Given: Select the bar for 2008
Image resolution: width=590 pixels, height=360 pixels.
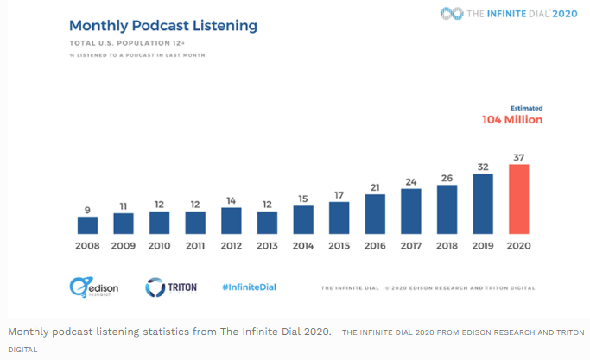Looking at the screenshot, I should click(87, 224).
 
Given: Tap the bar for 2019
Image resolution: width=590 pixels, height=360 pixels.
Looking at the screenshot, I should click(483, 204).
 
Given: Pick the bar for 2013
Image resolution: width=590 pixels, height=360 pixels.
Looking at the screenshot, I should click(267, 222).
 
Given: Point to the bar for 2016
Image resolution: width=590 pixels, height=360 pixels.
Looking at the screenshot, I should click(375, 214).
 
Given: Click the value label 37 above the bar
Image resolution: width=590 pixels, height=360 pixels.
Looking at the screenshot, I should click(518, 157).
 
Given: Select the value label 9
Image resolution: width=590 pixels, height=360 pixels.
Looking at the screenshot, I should click(87, 208).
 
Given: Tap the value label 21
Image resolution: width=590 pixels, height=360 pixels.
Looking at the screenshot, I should click(375, 187).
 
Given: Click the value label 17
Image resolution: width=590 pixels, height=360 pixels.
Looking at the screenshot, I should click(339, 195).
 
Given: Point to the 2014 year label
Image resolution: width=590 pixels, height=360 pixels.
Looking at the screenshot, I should click(303, 245).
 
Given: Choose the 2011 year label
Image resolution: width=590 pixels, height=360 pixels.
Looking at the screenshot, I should click(195, 245).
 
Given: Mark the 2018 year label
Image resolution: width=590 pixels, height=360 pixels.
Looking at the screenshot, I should click(447, 245).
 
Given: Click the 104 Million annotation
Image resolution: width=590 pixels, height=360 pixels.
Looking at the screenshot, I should click(512, 120).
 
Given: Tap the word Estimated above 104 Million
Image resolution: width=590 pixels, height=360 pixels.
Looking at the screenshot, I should click(525, 108).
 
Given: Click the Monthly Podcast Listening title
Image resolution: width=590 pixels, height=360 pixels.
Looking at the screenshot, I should click(163, 25).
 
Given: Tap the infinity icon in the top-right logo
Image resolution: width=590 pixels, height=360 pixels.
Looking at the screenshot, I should click(452, 13).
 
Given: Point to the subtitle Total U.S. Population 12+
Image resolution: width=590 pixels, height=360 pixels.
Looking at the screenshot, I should click(120, 43).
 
